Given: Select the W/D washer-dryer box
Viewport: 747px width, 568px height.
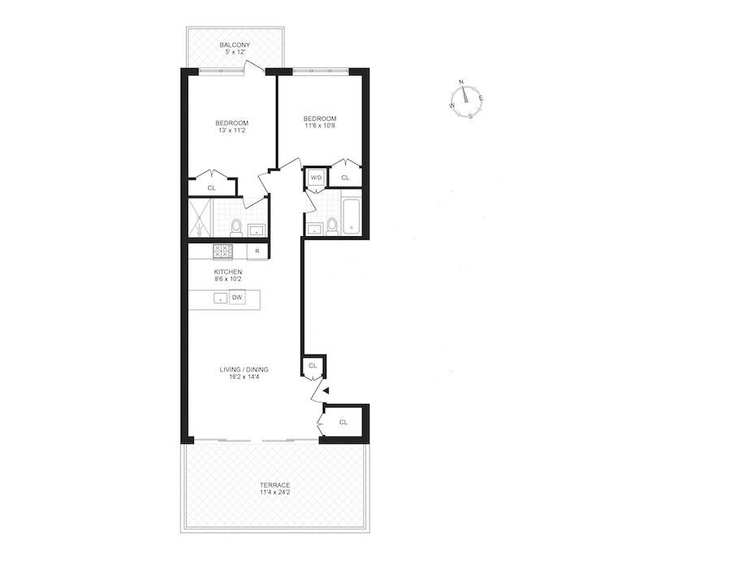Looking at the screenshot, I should point(315,178).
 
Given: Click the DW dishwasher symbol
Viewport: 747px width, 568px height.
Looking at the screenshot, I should point(237,298).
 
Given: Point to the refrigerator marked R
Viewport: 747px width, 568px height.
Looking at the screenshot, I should point(257,252).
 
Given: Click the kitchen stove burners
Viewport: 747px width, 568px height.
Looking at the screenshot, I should point(222,252).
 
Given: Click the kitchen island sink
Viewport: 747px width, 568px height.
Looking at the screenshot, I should point(220,299).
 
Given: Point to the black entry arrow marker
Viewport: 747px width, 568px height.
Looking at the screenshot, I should point(326,391).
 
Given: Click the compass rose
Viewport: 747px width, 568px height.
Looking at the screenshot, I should point(466,98).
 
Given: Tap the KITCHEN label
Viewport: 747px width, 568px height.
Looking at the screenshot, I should point(227,271).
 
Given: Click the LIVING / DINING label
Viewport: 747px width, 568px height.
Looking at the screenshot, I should point(244,370).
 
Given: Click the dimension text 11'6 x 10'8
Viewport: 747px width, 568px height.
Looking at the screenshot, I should point(318,126).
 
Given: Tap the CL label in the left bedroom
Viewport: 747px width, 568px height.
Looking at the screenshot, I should point(212,187).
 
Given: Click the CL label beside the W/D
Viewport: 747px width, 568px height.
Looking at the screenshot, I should point(345,178).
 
